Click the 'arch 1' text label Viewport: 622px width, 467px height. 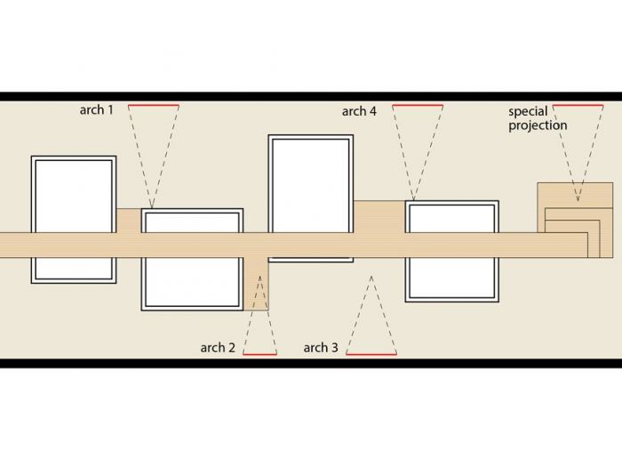tap(96, 111)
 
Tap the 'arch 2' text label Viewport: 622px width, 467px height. tap(218, 348)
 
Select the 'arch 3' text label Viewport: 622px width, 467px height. tap(321, 348)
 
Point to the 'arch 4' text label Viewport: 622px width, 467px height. tap(359, 111)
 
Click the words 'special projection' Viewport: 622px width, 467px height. tap(538, 118)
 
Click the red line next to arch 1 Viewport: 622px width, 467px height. tap(154, 106)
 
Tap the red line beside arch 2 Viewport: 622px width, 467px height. tap(259, 354)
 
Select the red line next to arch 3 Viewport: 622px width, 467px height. tap(371, 354)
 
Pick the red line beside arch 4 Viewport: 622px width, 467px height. tap(417, 106)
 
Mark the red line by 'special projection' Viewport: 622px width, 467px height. tap(578, 106)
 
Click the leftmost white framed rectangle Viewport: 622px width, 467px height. tap(74, 219)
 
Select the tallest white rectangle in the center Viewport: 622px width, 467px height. tap(310, 197)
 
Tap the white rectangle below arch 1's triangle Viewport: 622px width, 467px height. tap(192, 259)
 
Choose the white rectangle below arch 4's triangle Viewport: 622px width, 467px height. tap(451, 250)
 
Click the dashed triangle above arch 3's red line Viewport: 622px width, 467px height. tap(371, 320)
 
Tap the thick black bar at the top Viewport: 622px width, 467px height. tap(311, 96)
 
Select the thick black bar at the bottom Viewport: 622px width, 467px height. tap(311, 363)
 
